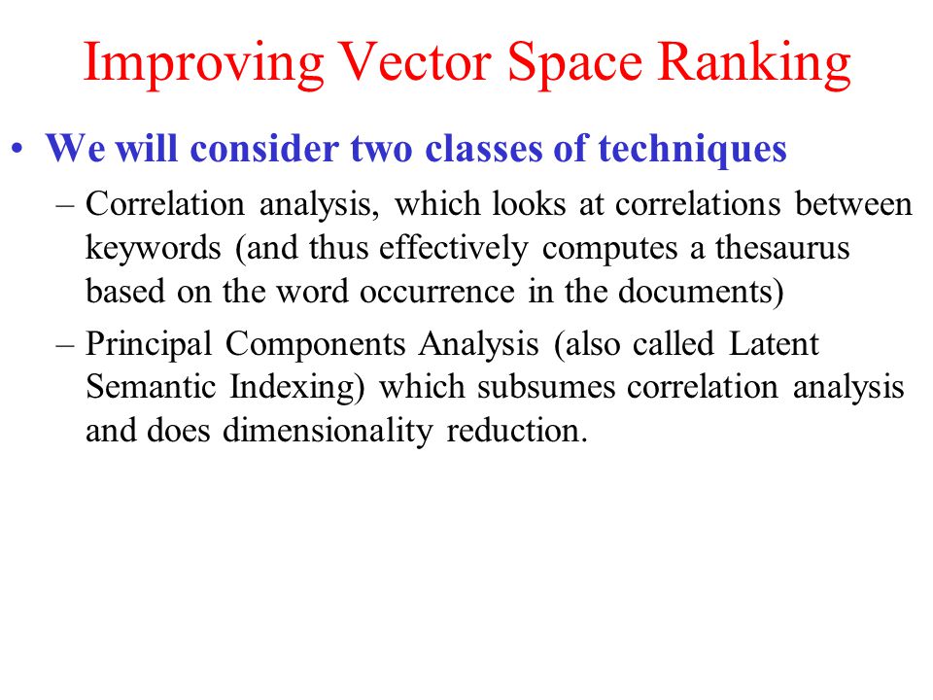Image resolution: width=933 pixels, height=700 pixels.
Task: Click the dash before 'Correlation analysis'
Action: pos(65,206)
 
